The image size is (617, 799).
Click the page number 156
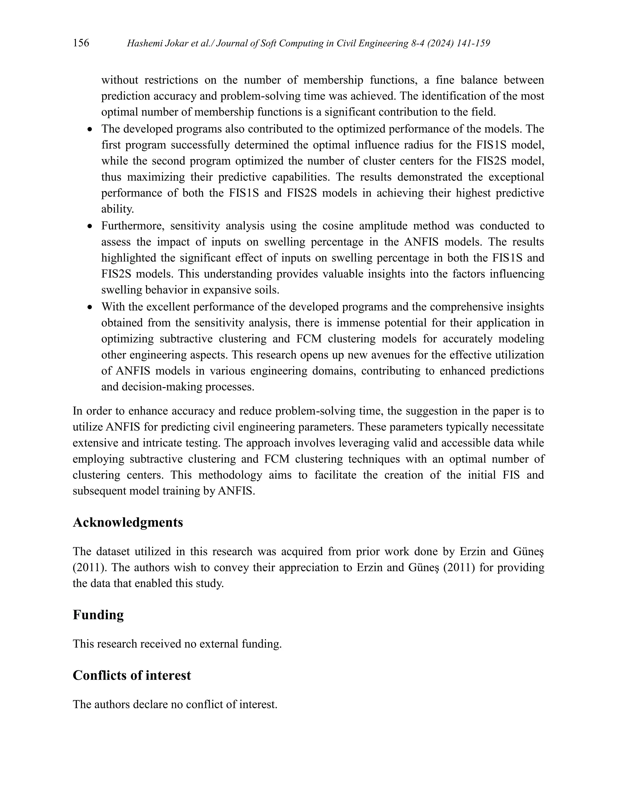click(81, 43)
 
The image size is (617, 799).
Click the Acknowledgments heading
click(127, 523)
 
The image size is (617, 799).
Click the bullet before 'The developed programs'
click(90, 130)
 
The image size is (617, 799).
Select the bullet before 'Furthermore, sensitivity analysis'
click(90, 227)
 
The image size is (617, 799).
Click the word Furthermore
click(133, 226)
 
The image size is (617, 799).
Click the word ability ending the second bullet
click(117, 209)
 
